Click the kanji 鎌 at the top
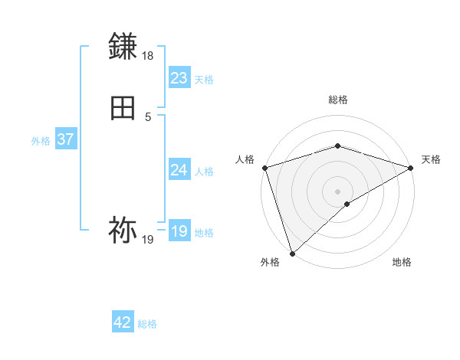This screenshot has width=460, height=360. pyautogui.click(x=123, y=47)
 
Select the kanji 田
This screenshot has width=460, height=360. pyautogui.click(x=123, y=108)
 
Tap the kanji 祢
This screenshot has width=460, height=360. pyautogui.click(x=123, y=231)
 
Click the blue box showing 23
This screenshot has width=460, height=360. pyautogui.click(x=179, y=77)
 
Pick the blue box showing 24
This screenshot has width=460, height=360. pyautogui.click(x=179, y=170)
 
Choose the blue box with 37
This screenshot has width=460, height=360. pyautogui.click(x=65, y=139)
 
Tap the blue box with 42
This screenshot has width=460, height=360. pyautogui.click(x=123, y=322)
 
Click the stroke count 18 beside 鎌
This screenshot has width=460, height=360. pyautogui.click(x=148, y=57)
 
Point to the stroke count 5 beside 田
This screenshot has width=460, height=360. pyautogui.click(x=148, y=117)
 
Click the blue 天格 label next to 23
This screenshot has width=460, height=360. pyautogui.click(x=204, y=79)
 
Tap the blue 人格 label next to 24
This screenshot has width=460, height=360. pyautogui.click(x=204, y=172)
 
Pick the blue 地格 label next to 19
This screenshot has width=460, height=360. pyautogui.click(x=204, y=233)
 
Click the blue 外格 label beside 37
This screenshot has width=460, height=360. pyautogui.click(x=41, y=141)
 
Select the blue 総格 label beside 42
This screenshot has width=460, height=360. pyautogui.click(x=147, y=324)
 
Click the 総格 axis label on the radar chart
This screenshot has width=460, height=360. pyautogui.click(x=338, y=100)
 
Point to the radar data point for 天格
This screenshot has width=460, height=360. pyautogui.click(x=411, y=168)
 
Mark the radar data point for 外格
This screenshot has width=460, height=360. pyautogui.click(x=292, y=253)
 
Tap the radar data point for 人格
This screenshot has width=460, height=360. pyautogui.click(x=264, y=167)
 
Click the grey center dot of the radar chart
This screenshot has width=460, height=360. pyautogui.click(x=338, y=191)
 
